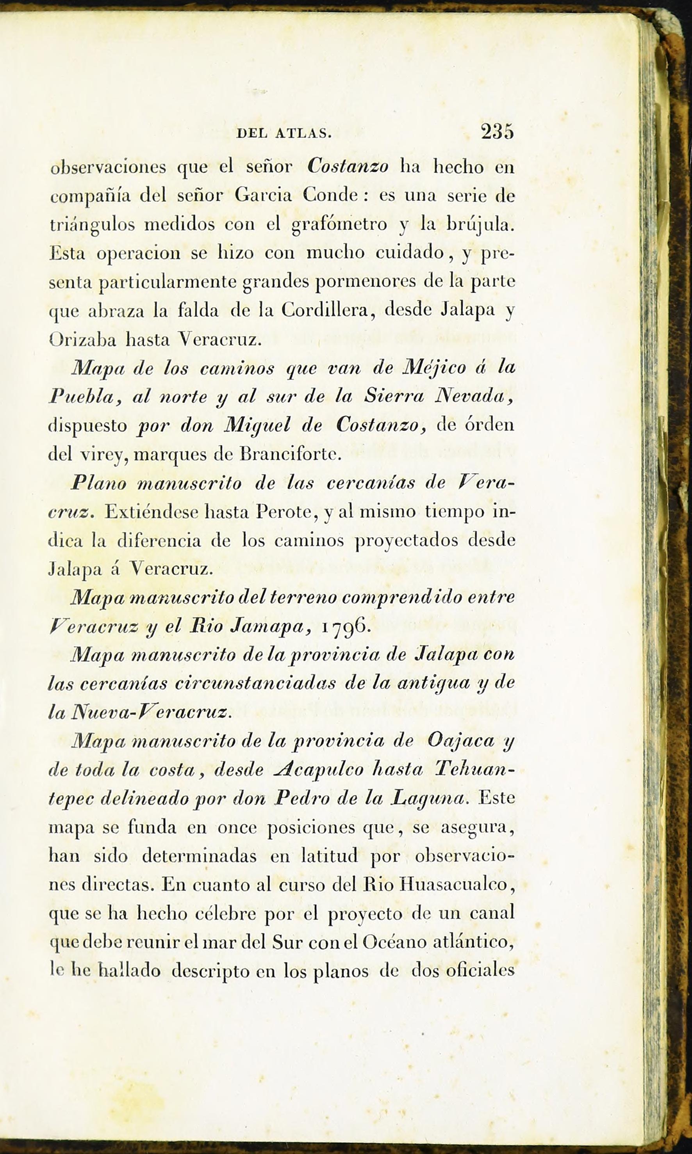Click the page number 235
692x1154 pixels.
497,132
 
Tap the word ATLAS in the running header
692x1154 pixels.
303,134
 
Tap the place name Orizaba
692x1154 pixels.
82,340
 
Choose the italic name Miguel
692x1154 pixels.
257,425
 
